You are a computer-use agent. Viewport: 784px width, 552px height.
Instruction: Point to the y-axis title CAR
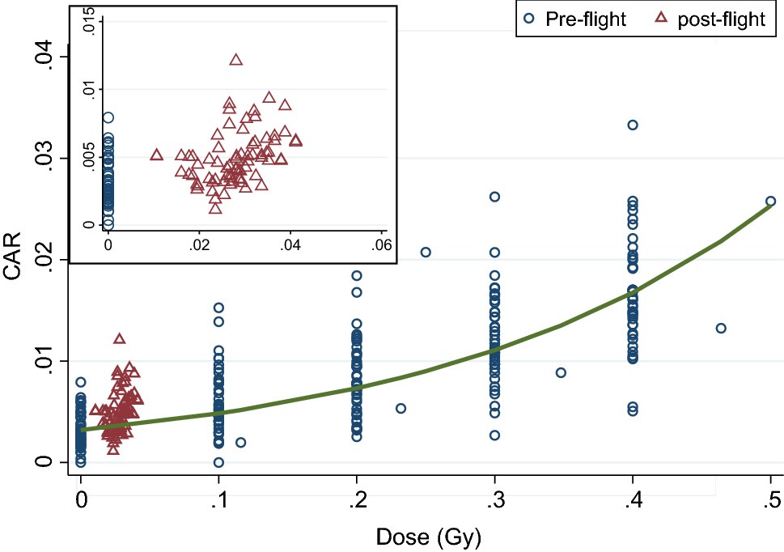(14, 258)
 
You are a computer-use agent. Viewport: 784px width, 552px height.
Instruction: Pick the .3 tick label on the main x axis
(494, 500)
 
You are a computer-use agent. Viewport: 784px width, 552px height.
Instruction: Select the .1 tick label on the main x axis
(218, 500)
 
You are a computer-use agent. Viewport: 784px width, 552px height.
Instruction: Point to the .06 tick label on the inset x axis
(381, 244)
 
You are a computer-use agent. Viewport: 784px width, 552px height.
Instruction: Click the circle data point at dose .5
(771, 201)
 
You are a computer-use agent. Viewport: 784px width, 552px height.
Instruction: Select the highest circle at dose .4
(633, 125)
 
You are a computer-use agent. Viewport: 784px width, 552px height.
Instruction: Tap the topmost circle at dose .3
(494, 197)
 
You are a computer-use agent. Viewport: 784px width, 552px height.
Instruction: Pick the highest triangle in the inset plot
(236, 60)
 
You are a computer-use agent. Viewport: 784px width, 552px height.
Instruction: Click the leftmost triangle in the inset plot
(157, 155)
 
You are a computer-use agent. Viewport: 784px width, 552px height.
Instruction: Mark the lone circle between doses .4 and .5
(721, 328)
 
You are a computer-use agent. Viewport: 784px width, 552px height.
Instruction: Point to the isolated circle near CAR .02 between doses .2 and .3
(426, 252)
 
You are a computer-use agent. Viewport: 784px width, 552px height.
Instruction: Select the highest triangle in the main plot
(119, 339)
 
